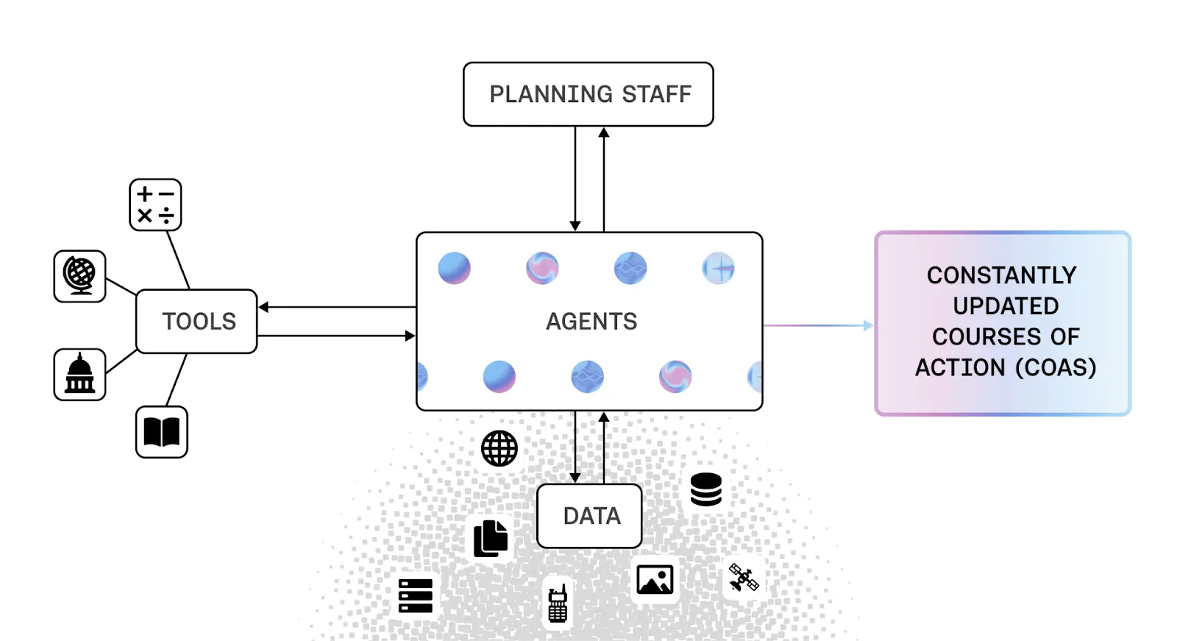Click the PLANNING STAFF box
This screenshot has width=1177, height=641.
click(x=588, y=94)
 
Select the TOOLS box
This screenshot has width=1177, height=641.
click(x=197, y=322)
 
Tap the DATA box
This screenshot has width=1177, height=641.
click(x=589, y=516)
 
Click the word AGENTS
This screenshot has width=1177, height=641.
click(x=591, y=322)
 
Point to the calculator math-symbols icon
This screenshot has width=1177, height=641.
click(x=155, y=205)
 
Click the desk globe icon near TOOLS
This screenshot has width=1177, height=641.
click(x=79, y=276)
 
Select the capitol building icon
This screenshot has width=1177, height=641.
click(x=79, y=375)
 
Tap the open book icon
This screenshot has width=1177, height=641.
click(x=162, y=432)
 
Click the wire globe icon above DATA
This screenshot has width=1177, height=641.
click(x=499, y=448)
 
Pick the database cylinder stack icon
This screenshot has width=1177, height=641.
click(x=706, y=489)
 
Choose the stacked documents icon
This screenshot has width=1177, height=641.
click(x=491, y=538)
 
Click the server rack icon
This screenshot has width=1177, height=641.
click(x=416, y=595)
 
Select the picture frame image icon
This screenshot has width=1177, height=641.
click(x=655, y=580)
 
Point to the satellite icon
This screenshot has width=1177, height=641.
click(x=744, y=578)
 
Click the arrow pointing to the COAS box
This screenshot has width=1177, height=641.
click(x=867, y=325)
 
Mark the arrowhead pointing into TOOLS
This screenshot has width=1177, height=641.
click(x=263, y=307)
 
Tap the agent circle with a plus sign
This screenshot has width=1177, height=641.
click(x=718, y=269)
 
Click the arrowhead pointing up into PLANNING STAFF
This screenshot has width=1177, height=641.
click(x=604, y=132)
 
